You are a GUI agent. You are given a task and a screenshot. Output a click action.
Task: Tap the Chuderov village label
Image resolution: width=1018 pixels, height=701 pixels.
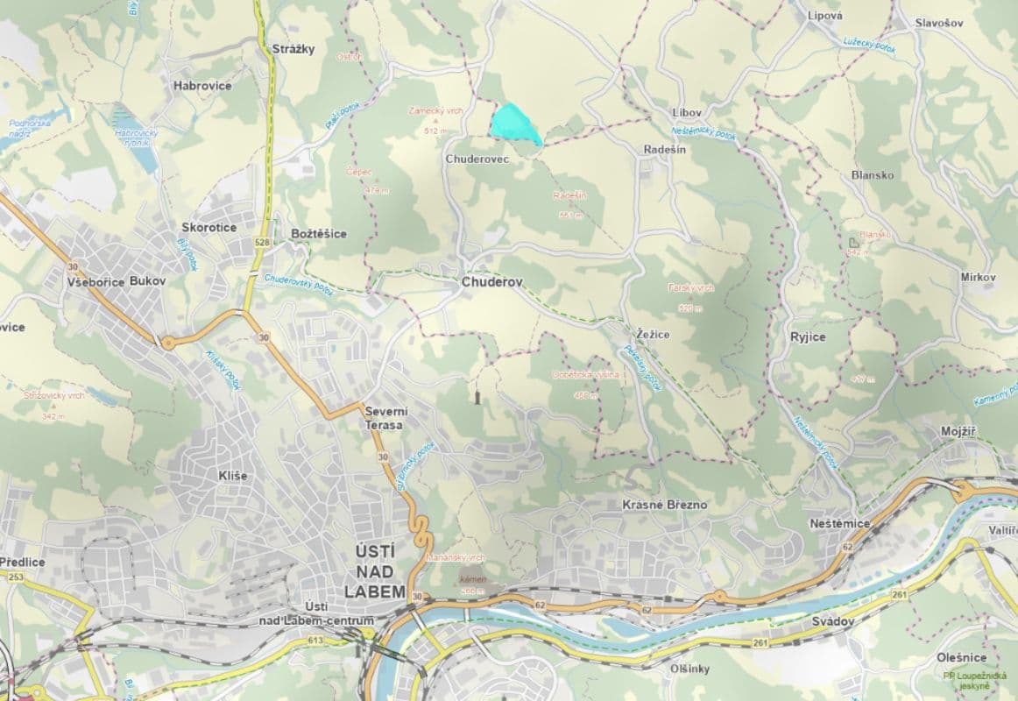tap(491, 283)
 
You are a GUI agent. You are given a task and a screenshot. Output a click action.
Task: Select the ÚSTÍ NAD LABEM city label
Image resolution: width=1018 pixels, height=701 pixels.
tap(376, 570)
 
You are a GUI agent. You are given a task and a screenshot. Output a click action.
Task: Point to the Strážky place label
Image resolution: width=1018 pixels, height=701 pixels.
tap(293, 49)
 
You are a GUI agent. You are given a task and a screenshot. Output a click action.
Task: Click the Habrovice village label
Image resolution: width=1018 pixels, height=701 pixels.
tap(202, 86)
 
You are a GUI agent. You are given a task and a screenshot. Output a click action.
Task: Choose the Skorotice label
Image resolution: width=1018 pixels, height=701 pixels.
tap(209, 228)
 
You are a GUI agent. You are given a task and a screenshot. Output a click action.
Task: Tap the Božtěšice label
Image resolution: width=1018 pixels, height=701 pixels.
tap(318, 234)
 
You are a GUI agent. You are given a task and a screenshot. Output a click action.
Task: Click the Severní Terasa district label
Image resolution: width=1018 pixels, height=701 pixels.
tap(384, 418)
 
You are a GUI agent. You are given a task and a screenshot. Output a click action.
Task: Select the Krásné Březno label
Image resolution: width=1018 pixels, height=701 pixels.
tap(664, 506)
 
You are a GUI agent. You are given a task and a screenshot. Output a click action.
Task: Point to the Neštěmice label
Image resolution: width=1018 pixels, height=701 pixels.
tap(839, 523)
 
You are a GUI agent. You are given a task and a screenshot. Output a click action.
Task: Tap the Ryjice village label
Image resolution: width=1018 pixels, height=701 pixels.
tap(805, 336)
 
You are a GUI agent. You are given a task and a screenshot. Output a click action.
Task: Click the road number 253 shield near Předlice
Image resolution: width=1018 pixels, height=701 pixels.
tap(16, 577)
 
